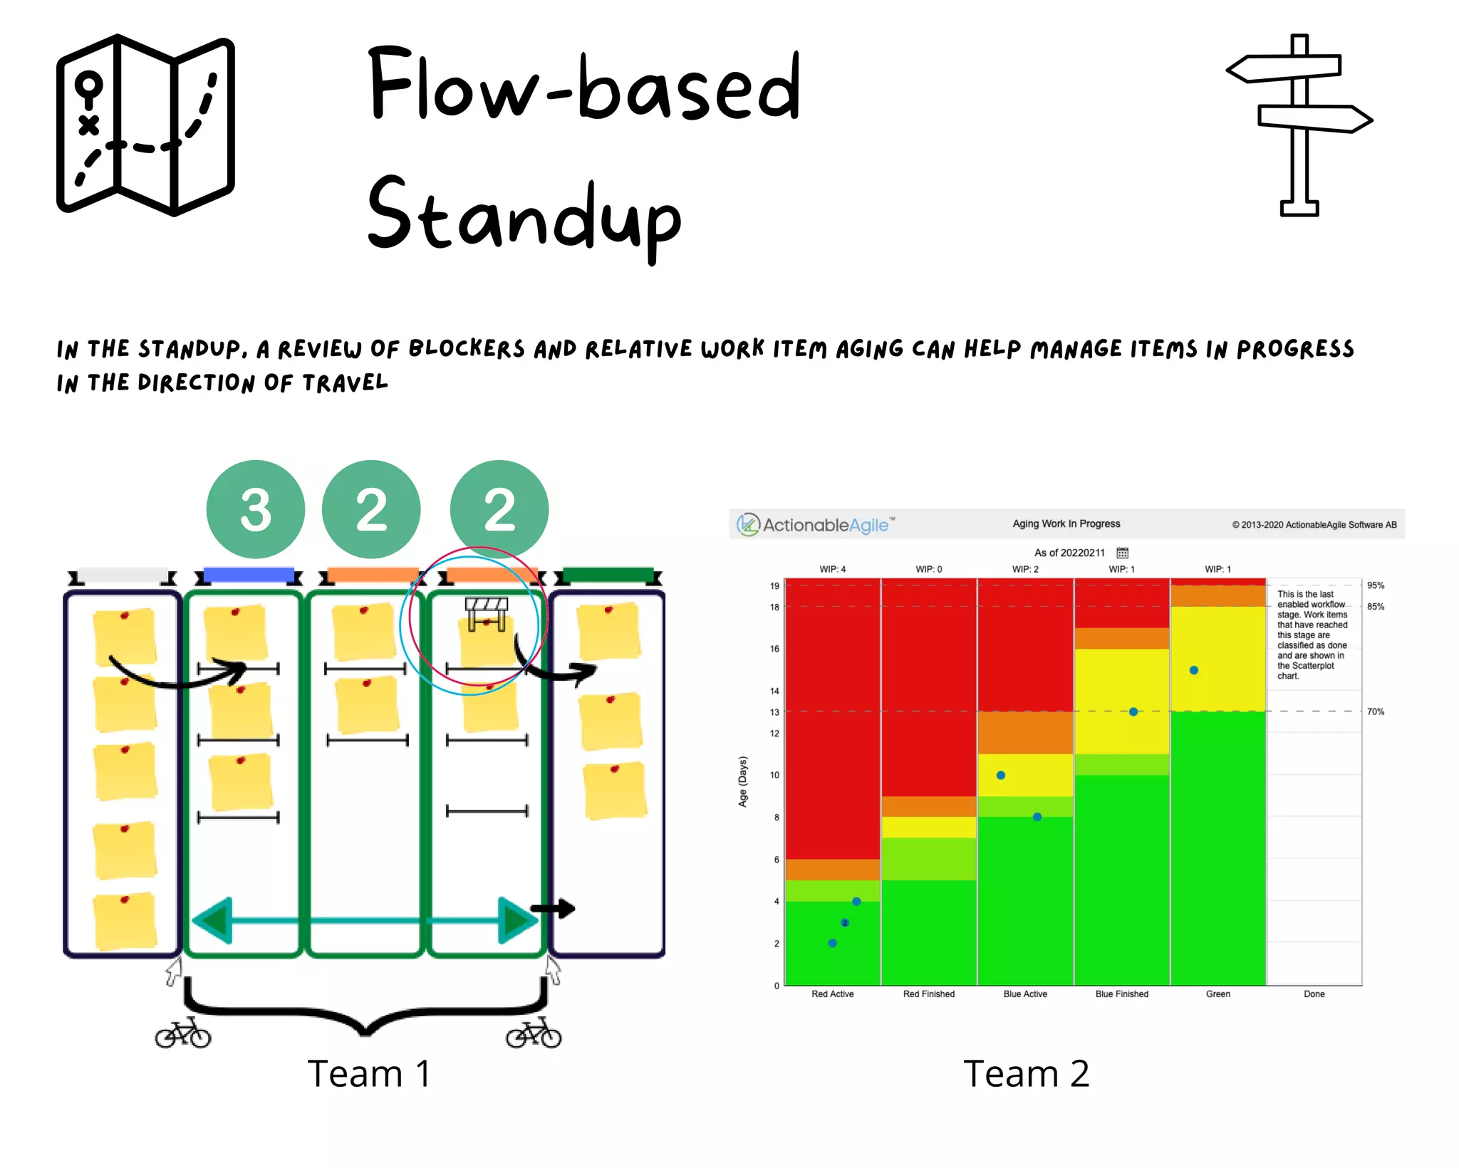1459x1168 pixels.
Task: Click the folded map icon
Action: coord(145,125)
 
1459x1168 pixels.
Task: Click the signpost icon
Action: coord(1300,125)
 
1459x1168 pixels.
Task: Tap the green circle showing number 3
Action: coord(255,509)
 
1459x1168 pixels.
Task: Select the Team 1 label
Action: coord(369,1073)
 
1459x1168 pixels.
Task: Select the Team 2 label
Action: coord(1026,1073)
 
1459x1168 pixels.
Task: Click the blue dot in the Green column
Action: coord(1194,670)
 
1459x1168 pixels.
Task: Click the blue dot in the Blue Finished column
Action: coord(1133,711)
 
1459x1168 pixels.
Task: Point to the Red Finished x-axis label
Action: coord(928,994)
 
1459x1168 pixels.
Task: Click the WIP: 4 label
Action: coord(832,569)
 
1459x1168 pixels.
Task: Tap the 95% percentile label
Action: coord(1375,585)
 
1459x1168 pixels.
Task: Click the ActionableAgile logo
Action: coord(816,525)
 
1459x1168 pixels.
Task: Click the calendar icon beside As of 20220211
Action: coord(1122,553)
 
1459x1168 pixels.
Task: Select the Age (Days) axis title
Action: coord(742,781)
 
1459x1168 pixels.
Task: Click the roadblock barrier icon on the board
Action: coord(487,613)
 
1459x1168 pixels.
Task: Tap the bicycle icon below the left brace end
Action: coord(183,1034)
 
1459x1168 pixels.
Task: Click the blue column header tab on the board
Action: coord(249,574)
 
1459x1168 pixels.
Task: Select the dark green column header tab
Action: coord(608,574)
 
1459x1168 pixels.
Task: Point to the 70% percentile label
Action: coord(1375,711)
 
